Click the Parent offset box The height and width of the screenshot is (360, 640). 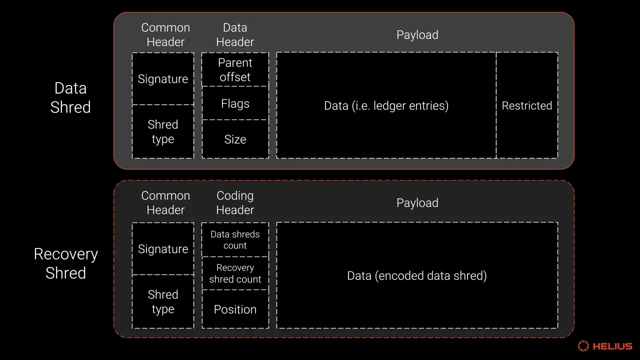coord(235,69)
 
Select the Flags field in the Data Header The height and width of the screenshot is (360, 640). coord(235,103)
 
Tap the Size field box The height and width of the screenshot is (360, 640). coord(235,139)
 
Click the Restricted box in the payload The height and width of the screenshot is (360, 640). coord(527,105)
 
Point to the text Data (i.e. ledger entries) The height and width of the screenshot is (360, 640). coord(386,105)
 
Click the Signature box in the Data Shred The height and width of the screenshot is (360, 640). coord(163,79)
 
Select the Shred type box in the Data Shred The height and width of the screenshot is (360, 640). coord(163,131)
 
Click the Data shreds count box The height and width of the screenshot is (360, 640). coord(235,239)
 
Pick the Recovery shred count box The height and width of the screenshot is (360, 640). coord(235,273)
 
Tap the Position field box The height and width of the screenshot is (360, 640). coord(235,309)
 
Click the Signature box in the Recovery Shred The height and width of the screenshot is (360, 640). coord(163,249)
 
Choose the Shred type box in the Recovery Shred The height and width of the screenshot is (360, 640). coord(163,301)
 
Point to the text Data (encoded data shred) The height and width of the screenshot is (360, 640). coord(417,275)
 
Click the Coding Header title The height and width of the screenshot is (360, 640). coord(235,203)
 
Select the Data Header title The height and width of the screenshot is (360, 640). coord(235,35)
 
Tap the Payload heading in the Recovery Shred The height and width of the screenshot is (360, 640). coord(417,203)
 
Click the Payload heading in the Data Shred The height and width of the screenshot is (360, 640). coord(417,35)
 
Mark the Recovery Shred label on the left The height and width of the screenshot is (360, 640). coord(65,263)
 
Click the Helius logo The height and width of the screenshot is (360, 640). coord(605,346)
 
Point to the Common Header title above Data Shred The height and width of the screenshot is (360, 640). coord(165,35)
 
